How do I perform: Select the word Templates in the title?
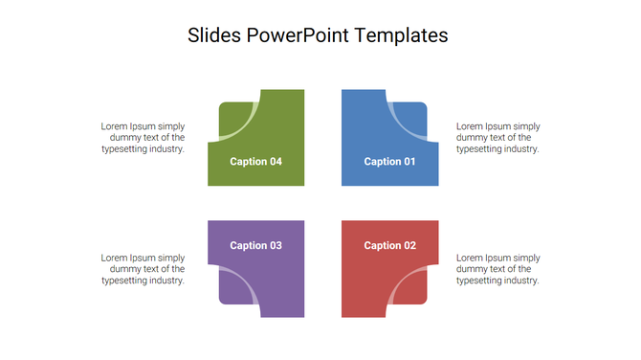point(401,35)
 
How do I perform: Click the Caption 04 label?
point(255,162)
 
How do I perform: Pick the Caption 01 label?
point(389,162)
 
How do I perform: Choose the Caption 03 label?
point(255,246)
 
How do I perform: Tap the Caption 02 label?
point(389,246)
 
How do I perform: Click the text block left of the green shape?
point(144,137)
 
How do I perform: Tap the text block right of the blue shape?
point(497,137)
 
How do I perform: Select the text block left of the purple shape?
point(144,269)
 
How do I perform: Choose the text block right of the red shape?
point(497,269)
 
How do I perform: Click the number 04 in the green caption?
point(275,162)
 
